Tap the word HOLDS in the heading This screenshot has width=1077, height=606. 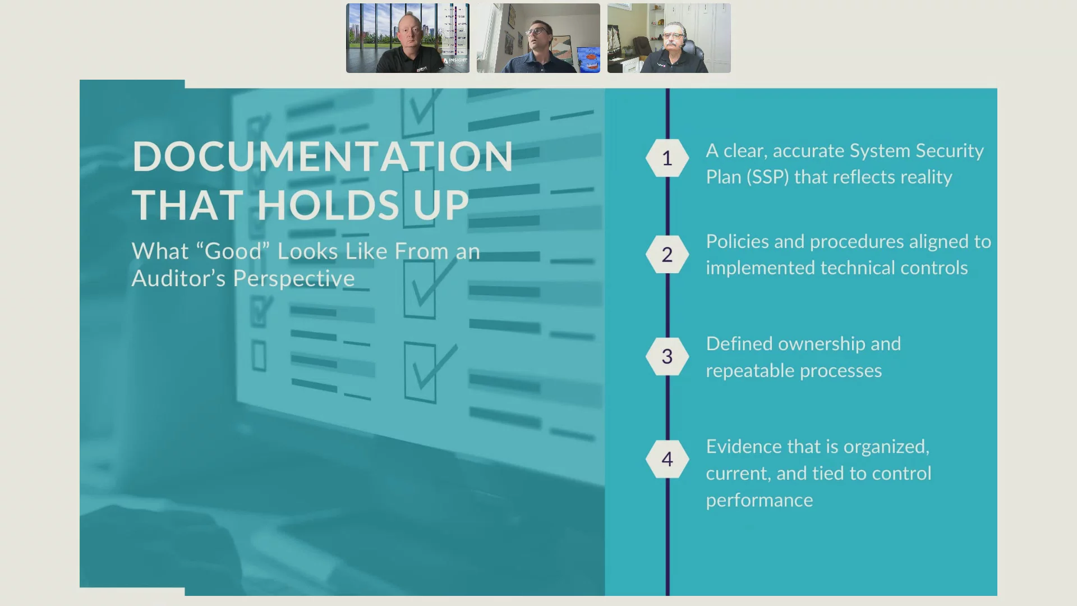coord(328,205)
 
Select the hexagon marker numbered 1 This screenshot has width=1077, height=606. coord(667,158)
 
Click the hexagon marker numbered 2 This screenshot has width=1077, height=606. coord(667,255)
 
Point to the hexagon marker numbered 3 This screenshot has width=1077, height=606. coord(667,356)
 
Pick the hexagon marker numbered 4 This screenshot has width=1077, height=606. coord(667,459)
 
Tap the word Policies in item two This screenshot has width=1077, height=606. coord(738,241)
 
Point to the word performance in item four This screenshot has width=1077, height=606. coord(760,501)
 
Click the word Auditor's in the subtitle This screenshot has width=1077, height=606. coord(179,278)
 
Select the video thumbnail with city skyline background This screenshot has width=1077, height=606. coord(408,38)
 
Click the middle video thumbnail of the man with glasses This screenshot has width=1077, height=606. coord(538,38)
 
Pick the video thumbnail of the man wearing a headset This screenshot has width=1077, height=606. coord(669,38)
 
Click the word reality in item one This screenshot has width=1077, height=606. coord(926,178)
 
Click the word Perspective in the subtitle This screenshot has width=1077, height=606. coord(294,279)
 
